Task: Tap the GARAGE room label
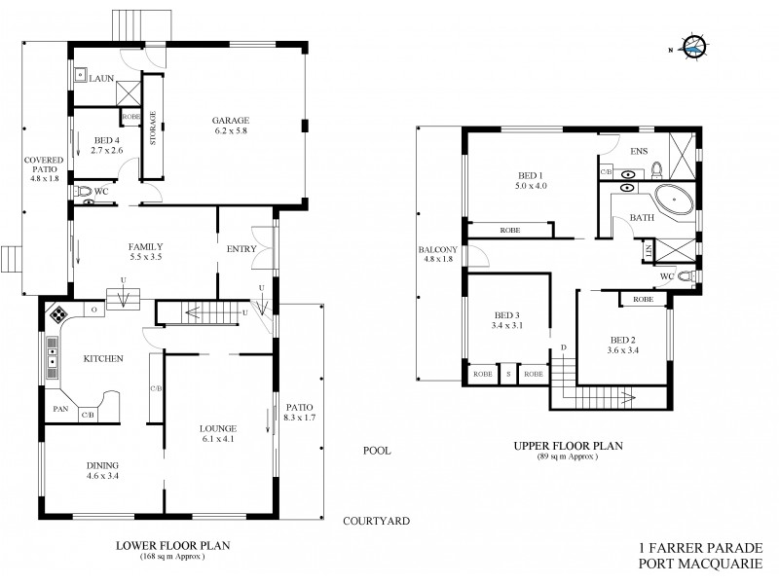click(x=232, y=121)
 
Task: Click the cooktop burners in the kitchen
click(x=57, y=314)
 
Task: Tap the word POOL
click(x=377, y=452)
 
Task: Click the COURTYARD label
click(x=376, y=522)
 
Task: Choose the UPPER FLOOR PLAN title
click(x=569, y=446)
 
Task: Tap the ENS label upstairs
click(x=640, y=151)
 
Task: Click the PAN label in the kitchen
click(x=60, y=410)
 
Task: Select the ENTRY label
click(x=241, y=250)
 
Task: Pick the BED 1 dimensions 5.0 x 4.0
click(x=531, y=186)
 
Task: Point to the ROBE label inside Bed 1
click(x=509, y=231)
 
